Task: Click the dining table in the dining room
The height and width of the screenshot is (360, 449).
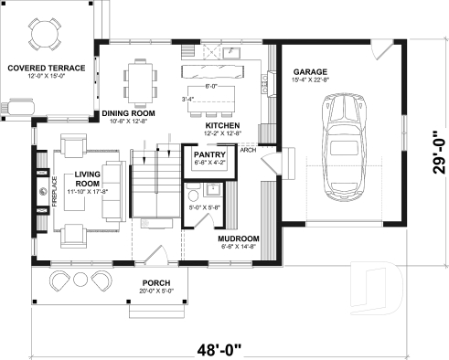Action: [141, 79]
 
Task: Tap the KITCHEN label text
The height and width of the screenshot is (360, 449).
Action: [222, 125]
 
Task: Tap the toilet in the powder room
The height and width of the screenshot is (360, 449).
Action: [193, 196]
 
